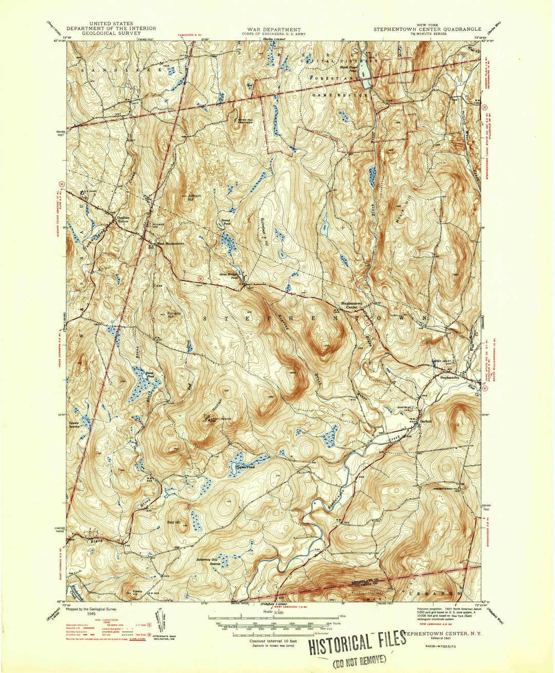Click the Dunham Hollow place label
[125, 218]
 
